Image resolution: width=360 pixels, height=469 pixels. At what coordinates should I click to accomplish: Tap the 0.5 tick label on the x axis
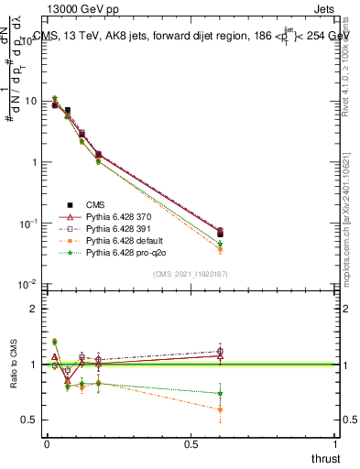click(x=191, y=444)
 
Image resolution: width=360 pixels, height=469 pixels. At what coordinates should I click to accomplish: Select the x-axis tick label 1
click(x=336, y=444)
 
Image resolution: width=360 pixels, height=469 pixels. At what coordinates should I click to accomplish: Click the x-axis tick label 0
click(x=47, y=444)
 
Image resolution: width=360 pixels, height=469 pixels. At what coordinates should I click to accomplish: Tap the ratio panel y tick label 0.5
click(x=27, y=420)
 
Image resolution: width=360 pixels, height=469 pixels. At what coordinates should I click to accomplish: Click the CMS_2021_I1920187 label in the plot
click(x=191, y=274)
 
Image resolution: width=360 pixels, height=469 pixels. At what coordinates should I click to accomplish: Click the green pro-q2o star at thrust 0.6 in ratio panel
click(x=219, y=394)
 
